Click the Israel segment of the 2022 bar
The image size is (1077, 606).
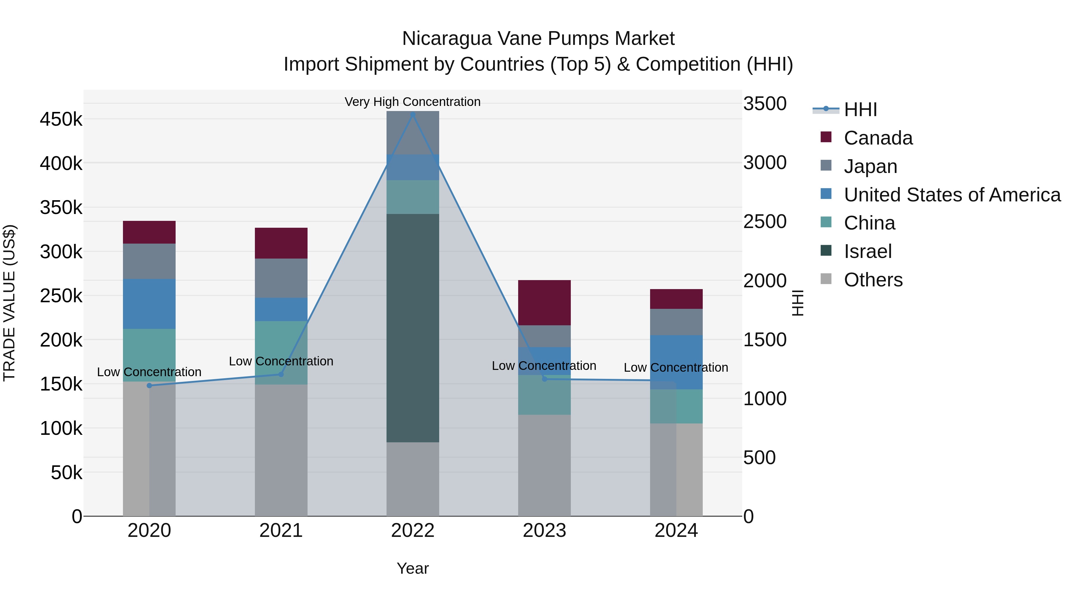413,328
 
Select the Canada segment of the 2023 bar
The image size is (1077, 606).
544,302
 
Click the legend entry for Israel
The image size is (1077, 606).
868,251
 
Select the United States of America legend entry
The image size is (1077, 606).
952,195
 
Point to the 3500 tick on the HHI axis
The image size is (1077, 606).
765,104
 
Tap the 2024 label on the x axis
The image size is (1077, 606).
676,531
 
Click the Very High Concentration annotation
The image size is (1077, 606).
413,102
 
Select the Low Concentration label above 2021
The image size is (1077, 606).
281,361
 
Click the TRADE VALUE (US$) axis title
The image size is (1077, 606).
9,303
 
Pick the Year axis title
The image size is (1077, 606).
413,568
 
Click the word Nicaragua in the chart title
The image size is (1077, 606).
447,39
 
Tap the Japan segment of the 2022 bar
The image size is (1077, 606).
413,133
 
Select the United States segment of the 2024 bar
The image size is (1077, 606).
676,362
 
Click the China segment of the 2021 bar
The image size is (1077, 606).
281,353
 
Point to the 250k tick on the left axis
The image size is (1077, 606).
61,296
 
